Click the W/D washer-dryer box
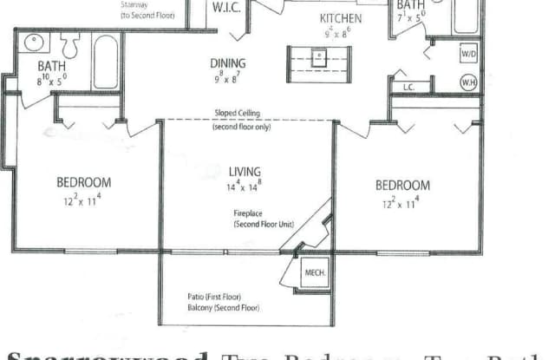pos(467,55)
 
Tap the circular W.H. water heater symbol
pos(467,82)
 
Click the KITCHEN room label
pos(341,18)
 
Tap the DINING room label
pos(228,62)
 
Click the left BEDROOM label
pos(83,182)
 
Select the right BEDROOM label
pos(402,185)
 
